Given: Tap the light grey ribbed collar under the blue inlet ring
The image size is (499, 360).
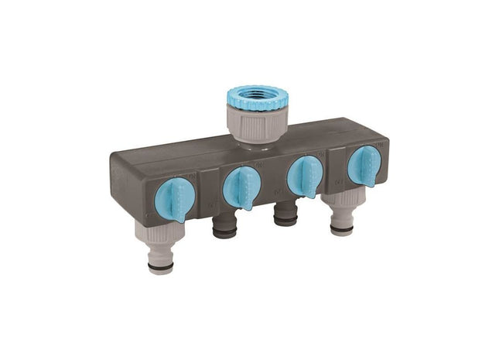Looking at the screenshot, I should click(x=258, y=124).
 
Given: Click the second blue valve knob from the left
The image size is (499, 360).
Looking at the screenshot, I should click(x=241, y=187).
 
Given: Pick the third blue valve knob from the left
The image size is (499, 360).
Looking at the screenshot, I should click(x=304, y=176).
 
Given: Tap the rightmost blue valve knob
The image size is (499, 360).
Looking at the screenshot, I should click(x=364, y=165).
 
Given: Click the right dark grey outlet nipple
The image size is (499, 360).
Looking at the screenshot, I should click(x=285, y=214).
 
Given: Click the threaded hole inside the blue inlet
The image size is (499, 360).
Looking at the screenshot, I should click(x=258, y=94).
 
